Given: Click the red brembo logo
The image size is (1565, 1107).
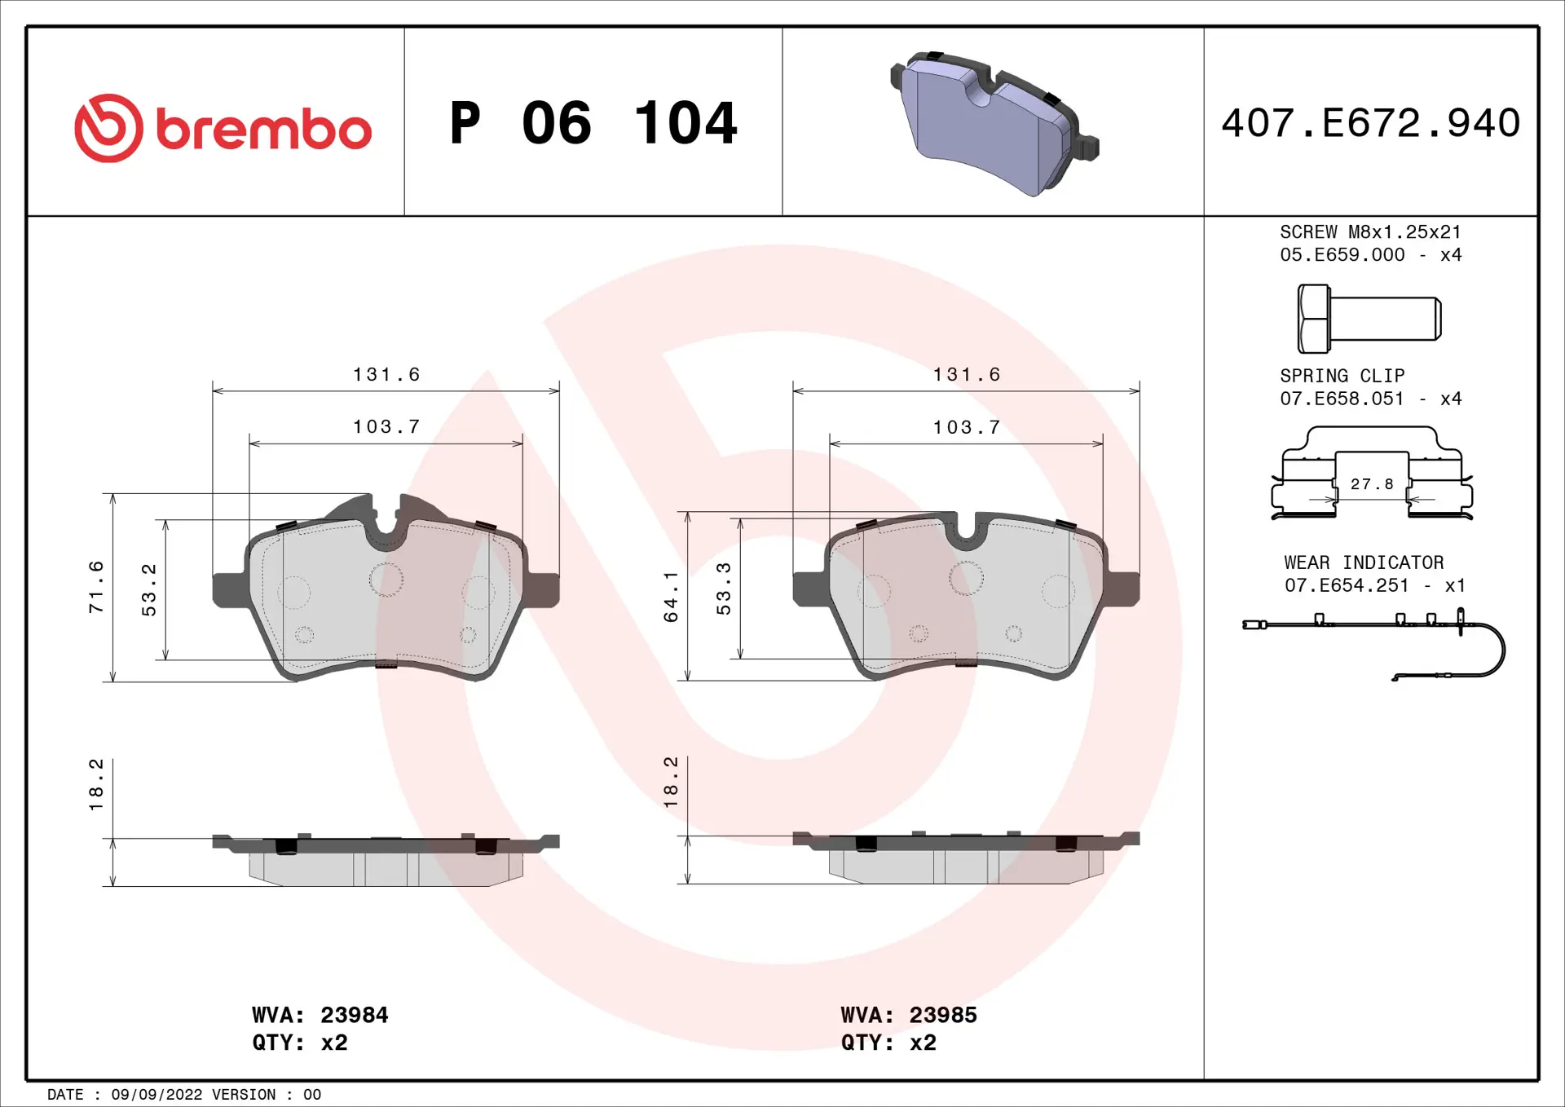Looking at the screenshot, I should click(x=222, y=128).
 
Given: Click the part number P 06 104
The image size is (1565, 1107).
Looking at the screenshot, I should click(x=593, y=124).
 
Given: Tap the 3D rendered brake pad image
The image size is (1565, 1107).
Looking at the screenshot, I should click(x=993, y=122).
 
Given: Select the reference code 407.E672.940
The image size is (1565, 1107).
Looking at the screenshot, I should click(x=1370, y=123).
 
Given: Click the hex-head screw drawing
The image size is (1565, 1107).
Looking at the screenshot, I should click(x=1369, y=319).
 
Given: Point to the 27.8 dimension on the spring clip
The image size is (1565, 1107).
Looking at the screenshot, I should click(x=1372, y=484).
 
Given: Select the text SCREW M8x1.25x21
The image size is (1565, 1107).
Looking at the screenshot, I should click(x=1370, y=232).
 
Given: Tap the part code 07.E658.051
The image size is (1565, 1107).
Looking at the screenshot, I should click(x=1342, y=399).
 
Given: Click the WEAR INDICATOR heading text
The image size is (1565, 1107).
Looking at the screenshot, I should click(x=1364, y=562).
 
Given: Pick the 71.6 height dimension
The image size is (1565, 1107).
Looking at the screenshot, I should click(x=96, y=587).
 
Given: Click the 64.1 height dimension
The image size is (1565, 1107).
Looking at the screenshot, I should click(x=671, y=597).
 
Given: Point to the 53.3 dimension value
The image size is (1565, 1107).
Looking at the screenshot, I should click(x=724, y=589).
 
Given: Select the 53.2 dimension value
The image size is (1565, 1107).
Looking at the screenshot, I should click(x=149, y=589).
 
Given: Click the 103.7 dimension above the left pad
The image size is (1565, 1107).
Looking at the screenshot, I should click(x=386, y=426).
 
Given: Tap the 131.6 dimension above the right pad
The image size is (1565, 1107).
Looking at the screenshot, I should click(x=967, y=374).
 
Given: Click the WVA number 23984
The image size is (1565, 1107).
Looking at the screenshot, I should click(x=354, y=1015).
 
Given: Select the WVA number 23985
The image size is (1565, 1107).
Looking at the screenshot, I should click(x=942, y=1015).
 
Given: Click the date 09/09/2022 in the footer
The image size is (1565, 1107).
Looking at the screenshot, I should click(x=156, y=1095).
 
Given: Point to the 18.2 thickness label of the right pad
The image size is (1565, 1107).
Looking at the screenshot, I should click(x=671, y=783).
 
